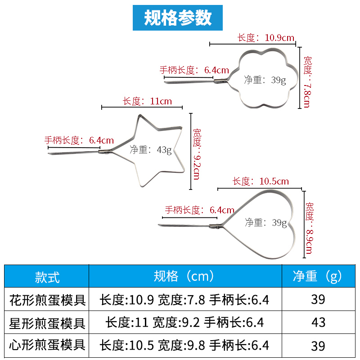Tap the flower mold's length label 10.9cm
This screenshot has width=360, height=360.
[x=266, y=37]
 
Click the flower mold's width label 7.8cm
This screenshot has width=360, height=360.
[x=307, y=82]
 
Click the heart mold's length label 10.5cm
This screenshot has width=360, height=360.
[x=261, y=182]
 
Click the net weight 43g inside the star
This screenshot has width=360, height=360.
[x=151, y=150]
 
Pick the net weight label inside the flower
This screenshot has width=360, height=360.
[x=265, y=80]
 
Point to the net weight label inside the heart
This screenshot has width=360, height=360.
[x=265, y=222]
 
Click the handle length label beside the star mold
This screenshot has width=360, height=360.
[x=79, y=140]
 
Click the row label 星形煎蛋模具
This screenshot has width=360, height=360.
[x=47, y=323]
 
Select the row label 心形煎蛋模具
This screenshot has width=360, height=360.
[x=47, y=345]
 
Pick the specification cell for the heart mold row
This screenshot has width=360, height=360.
[x=184, y=345]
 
